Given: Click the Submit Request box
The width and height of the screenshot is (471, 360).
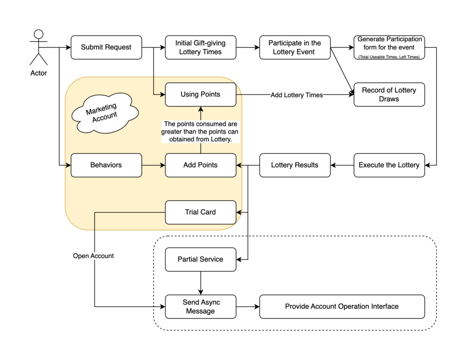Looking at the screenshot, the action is click(x=106, y=47).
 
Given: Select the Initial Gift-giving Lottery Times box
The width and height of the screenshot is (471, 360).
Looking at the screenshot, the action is click(x=201, y=47).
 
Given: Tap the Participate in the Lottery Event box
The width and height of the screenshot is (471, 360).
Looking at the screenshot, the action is click(x=295, y=47).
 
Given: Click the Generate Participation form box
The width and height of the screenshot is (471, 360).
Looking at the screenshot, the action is click(x=389, y=47).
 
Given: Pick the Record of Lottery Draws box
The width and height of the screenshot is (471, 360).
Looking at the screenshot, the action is click(x=389, y=95).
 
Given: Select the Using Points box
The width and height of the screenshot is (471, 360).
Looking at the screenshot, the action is click(x=201, y=95).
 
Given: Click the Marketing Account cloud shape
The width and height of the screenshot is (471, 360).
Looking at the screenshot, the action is click(x=105, y=113).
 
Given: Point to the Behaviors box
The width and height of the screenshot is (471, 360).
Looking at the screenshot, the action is click(x=106, y=165).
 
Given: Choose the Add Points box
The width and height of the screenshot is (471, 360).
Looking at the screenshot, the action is click(x=201, y=165).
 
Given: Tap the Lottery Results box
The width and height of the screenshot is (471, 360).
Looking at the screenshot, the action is click(x=295, y=165).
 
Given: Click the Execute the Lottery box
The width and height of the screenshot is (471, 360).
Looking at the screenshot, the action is click(x=389, y=165).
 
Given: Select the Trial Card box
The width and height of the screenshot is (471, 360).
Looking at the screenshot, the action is click(x=201, y=212).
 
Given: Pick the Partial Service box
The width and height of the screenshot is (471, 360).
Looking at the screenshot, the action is click(x=201, y=259).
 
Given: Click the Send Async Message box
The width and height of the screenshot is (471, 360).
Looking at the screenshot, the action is click(x=201, y=307).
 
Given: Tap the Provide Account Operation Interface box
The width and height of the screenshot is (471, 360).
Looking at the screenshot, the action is click(x=342, y=307).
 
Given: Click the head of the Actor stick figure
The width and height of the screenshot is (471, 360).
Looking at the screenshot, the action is click(x=39, y=34).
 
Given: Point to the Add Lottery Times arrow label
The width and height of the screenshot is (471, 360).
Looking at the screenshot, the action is click(x=297, y=95).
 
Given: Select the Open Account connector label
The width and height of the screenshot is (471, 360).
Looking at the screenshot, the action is click(x=93, y=256).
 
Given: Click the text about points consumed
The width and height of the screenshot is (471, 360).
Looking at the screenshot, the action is click(x=201, y=131).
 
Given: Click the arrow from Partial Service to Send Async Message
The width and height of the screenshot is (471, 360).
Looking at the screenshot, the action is click(x=201, y=283).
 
